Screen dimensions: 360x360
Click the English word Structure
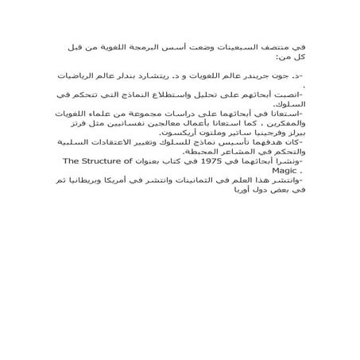click(x=81, y=161)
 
